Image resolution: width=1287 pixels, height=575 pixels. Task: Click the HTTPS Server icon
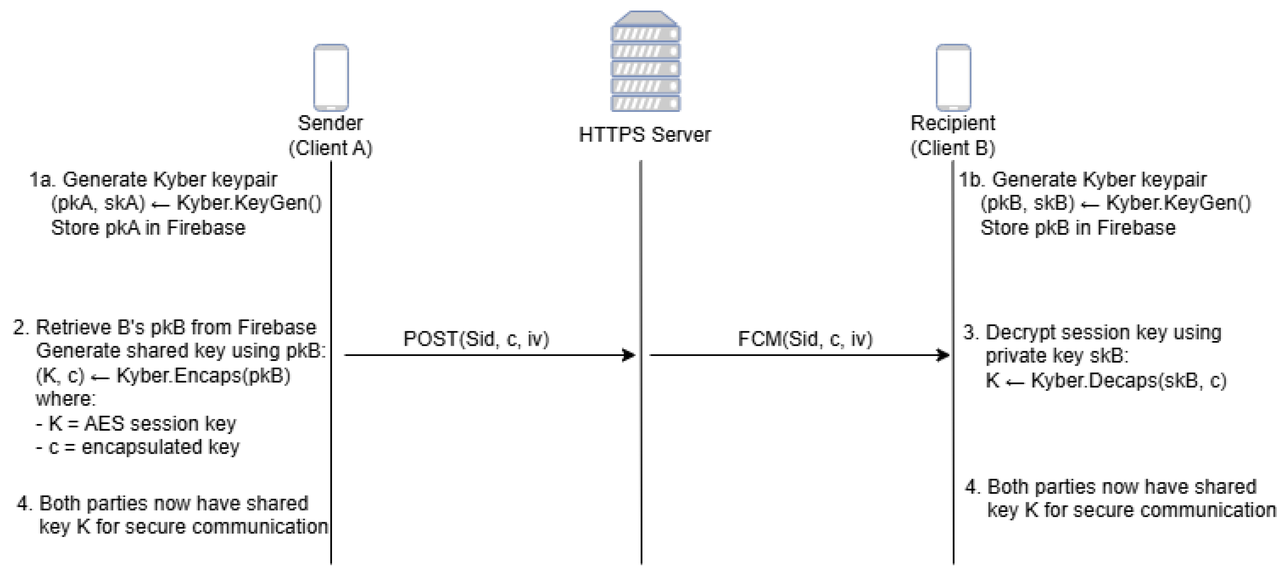click(x=645, y=61)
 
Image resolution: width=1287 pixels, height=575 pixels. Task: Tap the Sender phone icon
click(x=331, y=77)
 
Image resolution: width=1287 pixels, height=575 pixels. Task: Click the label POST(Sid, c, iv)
click(x=476, y=339)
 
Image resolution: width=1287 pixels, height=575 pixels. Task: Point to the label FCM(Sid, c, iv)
click(x=805, y=339)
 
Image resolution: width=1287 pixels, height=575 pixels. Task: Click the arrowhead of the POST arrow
click(x=629, y=355)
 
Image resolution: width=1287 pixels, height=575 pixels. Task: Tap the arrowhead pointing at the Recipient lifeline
click(x=943, y=355)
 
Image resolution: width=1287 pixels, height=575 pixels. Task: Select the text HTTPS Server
click(x=644, y=135)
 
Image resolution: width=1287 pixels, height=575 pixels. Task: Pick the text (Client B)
click(x=953, y=148)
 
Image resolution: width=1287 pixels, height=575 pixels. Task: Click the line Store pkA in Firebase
click(x=148, y=228)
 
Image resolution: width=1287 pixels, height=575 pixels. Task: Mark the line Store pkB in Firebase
click(x=1078, y=228)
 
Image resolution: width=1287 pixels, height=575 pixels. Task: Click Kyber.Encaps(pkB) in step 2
click(x=203, y=376)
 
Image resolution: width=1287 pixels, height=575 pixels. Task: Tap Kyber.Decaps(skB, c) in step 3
click(x=1129, y=381)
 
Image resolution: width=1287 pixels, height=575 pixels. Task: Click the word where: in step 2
click(x=65, y=399)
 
